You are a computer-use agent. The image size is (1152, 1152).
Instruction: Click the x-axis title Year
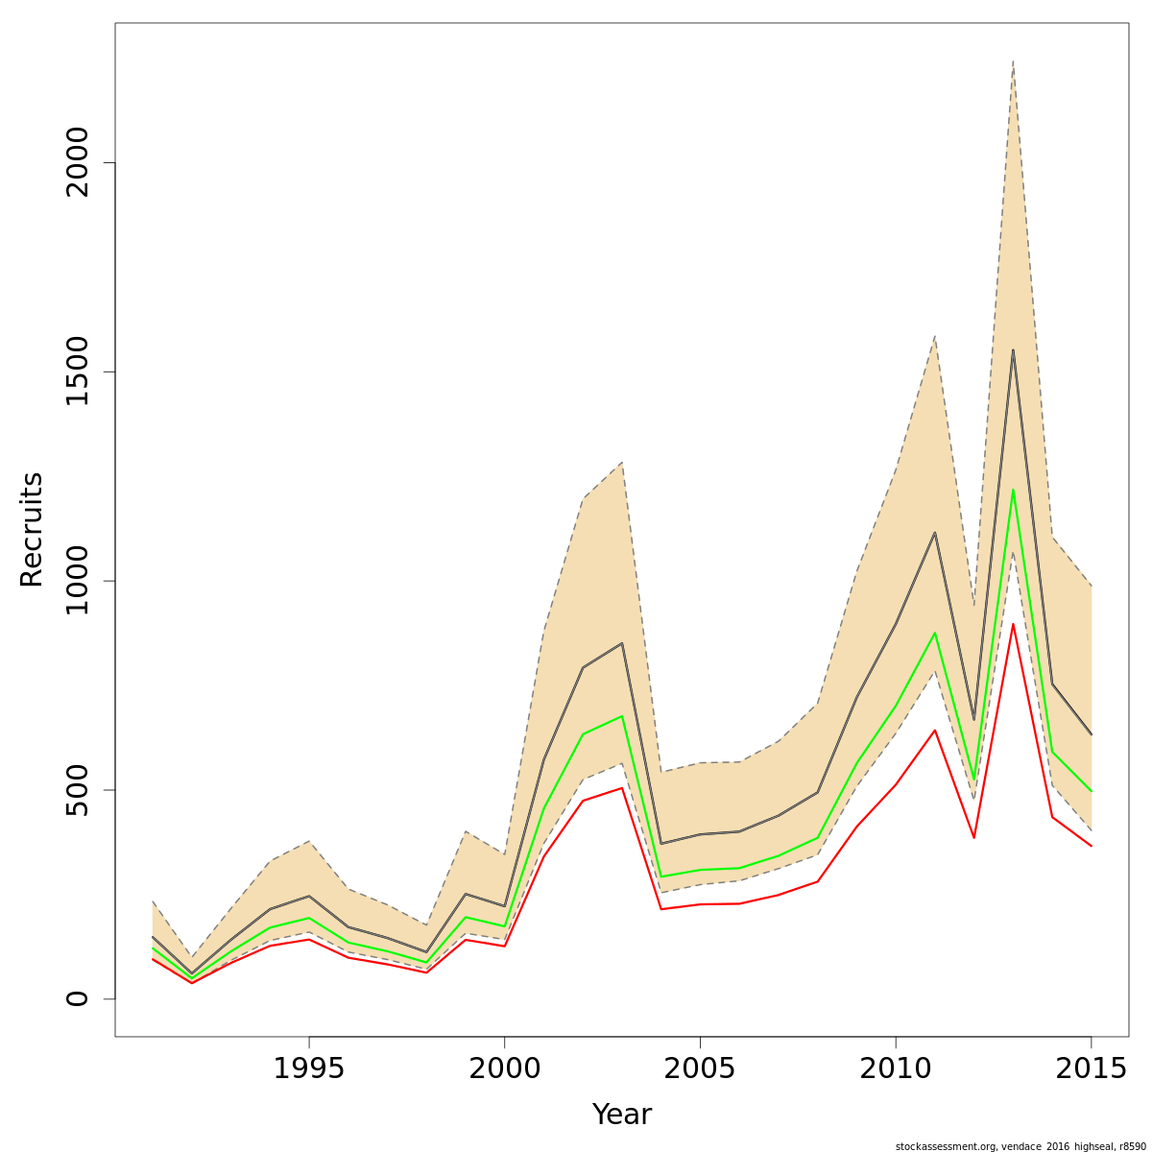pyautogui.click(x=622, y=1115)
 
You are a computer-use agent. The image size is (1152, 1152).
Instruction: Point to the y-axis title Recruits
pyautogui.click(x=32, y=529)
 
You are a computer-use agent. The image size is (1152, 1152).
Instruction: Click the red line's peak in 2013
pyautogui.click(x=1013, y=624)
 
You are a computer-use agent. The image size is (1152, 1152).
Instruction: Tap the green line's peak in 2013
pyautogui.click(x=1013, y=490)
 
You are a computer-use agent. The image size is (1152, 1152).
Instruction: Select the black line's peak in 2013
pyautogui.click(x=1013, y=350)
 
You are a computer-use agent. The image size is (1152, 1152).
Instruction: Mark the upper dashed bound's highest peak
pyautogui.click(x=1013, y=61)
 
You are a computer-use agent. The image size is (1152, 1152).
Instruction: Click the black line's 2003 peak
pyautogui.click(x=622, y=643)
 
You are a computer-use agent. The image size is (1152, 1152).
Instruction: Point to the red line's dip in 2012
pyautogui.click(x=973, y=837)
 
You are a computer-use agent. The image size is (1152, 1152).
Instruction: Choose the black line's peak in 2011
pyautogui.click(x=934, y=533)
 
